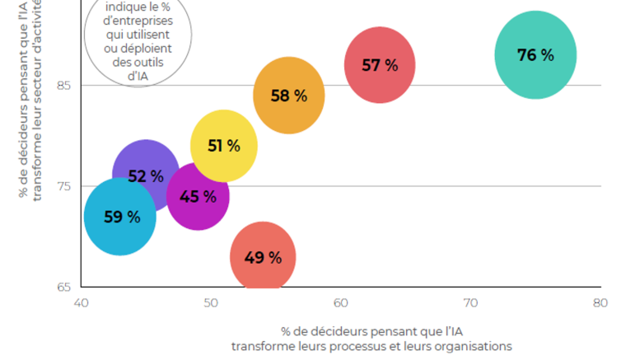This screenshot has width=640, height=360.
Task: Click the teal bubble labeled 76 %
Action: point(535,55)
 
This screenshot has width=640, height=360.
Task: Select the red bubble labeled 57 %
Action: point(379,65)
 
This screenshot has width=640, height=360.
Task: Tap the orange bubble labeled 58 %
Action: point(288,96)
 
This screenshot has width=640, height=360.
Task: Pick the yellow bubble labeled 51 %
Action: point(223,146)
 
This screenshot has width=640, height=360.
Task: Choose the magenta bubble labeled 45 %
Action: point(198,197)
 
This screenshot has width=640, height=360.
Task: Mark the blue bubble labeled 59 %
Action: point(120,217)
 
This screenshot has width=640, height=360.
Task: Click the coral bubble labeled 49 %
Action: point(263,258)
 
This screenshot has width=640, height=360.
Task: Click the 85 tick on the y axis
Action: point(63,86)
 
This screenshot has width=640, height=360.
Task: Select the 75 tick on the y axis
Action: point(63,186)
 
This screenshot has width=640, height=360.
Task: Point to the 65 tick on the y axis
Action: point(63,288)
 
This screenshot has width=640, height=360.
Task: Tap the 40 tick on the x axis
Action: point(81,303)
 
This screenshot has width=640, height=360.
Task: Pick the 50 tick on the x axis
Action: point(211,303)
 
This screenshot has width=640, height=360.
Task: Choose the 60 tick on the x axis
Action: point(341,303)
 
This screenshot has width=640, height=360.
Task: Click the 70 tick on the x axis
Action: point(470,303)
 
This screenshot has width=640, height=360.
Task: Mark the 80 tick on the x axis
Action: point(600,303)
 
